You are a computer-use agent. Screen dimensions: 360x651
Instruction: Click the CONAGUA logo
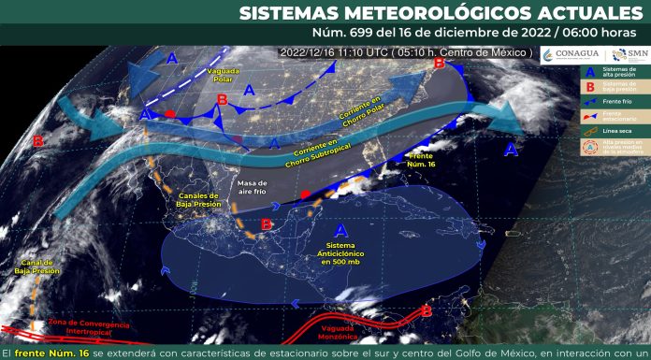point(576,54)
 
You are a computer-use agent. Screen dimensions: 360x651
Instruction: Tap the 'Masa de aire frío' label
point(253,187)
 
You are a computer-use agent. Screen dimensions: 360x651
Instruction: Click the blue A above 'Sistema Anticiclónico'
point(340,230)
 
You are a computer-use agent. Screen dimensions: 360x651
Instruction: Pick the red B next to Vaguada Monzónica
point(427,311)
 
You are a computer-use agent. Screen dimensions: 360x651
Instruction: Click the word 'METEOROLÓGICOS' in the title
point(424,13)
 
